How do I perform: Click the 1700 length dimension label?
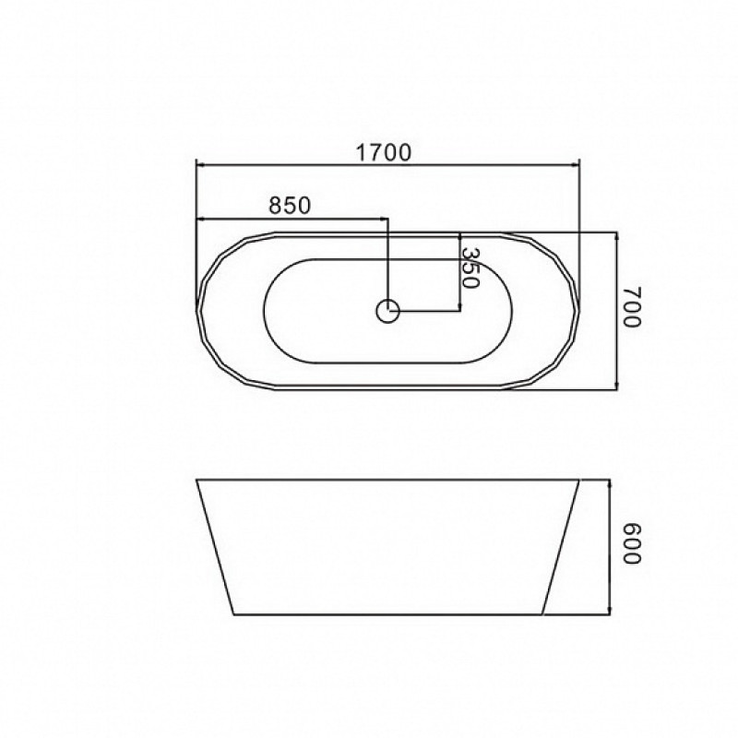(383, 152)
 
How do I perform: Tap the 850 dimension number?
(290, 205)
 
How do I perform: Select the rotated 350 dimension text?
(470, 268)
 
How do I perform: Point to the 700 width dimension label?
(632, 306)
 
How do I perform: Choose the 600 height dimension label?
(632, 543)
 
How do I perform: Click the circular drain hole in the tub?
(387, 311)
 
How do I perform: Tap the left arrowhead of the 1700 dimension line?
(199, 165)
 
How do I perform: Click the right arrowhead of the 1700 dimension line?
(575, 165)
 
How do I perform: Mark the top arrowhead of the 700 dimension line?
(616, 237)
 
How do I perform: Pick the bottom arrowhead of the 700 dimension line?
(616, 386)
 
